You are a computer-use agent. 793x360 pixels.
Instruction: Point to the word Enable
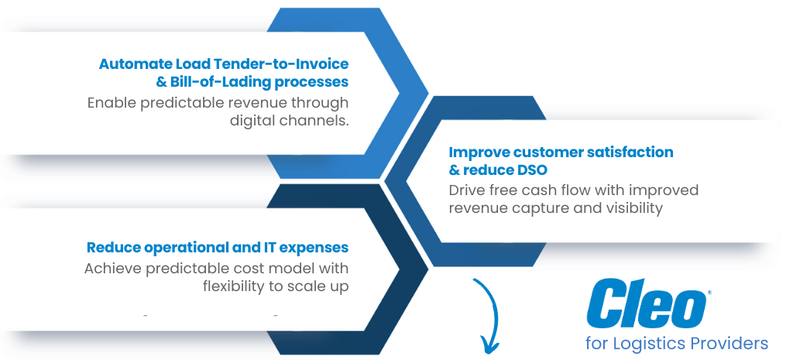tap(111, 103)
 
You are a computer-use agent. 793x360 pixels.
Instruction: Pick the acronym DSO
tap(538, 170)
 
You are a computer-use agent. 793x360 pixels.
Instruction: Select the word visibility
tap(631, 208)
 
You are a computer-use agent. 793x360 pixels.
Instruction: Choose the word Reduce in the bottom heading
tap(113, 248)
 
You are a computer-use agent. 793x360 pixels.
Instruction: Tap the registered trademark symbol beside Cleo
tap(709, 293)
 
